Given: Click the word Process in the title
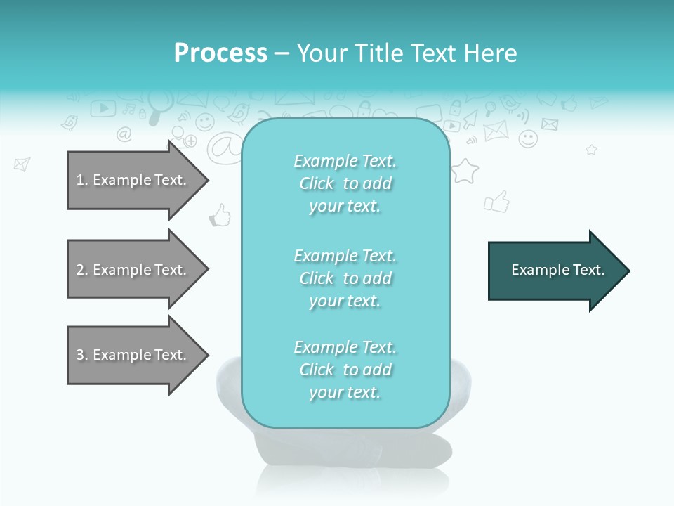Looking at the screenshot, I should pos(220,53).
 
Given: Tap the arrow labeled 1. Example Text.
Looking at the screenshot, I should pos(133,180).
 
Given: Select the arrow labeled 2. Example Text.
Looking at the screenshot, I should pos(133,270).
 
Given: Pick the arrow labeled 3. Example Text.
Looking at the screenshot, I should pos(133,355).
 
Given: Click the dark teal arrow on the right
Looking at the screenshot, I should pos(555,271).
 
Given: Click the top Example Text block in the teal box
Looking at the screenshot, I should pos(345,183).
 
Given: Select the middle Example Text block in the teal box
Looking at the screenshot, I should pos(345,278).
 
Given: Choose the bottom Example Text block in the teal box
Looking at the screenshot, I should pos(345,370).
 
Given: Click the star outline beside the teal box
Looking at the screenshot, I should pos(464,171).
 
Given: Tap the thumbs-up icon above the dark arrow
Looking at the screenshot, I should pos(496,202).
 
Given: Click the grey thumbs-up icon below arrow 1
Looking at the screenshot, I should pos(220,215).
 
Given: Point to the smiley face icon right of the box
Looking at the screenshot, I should pos(528,138).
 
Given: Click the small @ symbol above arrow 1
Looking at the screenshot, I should pos(124,134).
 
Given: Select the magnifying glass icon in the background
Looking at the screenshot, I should pos(155,112).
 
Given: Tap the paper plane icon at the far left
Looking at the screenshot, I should pos(22,164).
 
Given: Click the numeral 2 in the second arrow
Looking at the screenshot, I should pos(80,270).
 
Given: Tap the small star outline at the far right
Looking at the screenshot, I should pos(591,150).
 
